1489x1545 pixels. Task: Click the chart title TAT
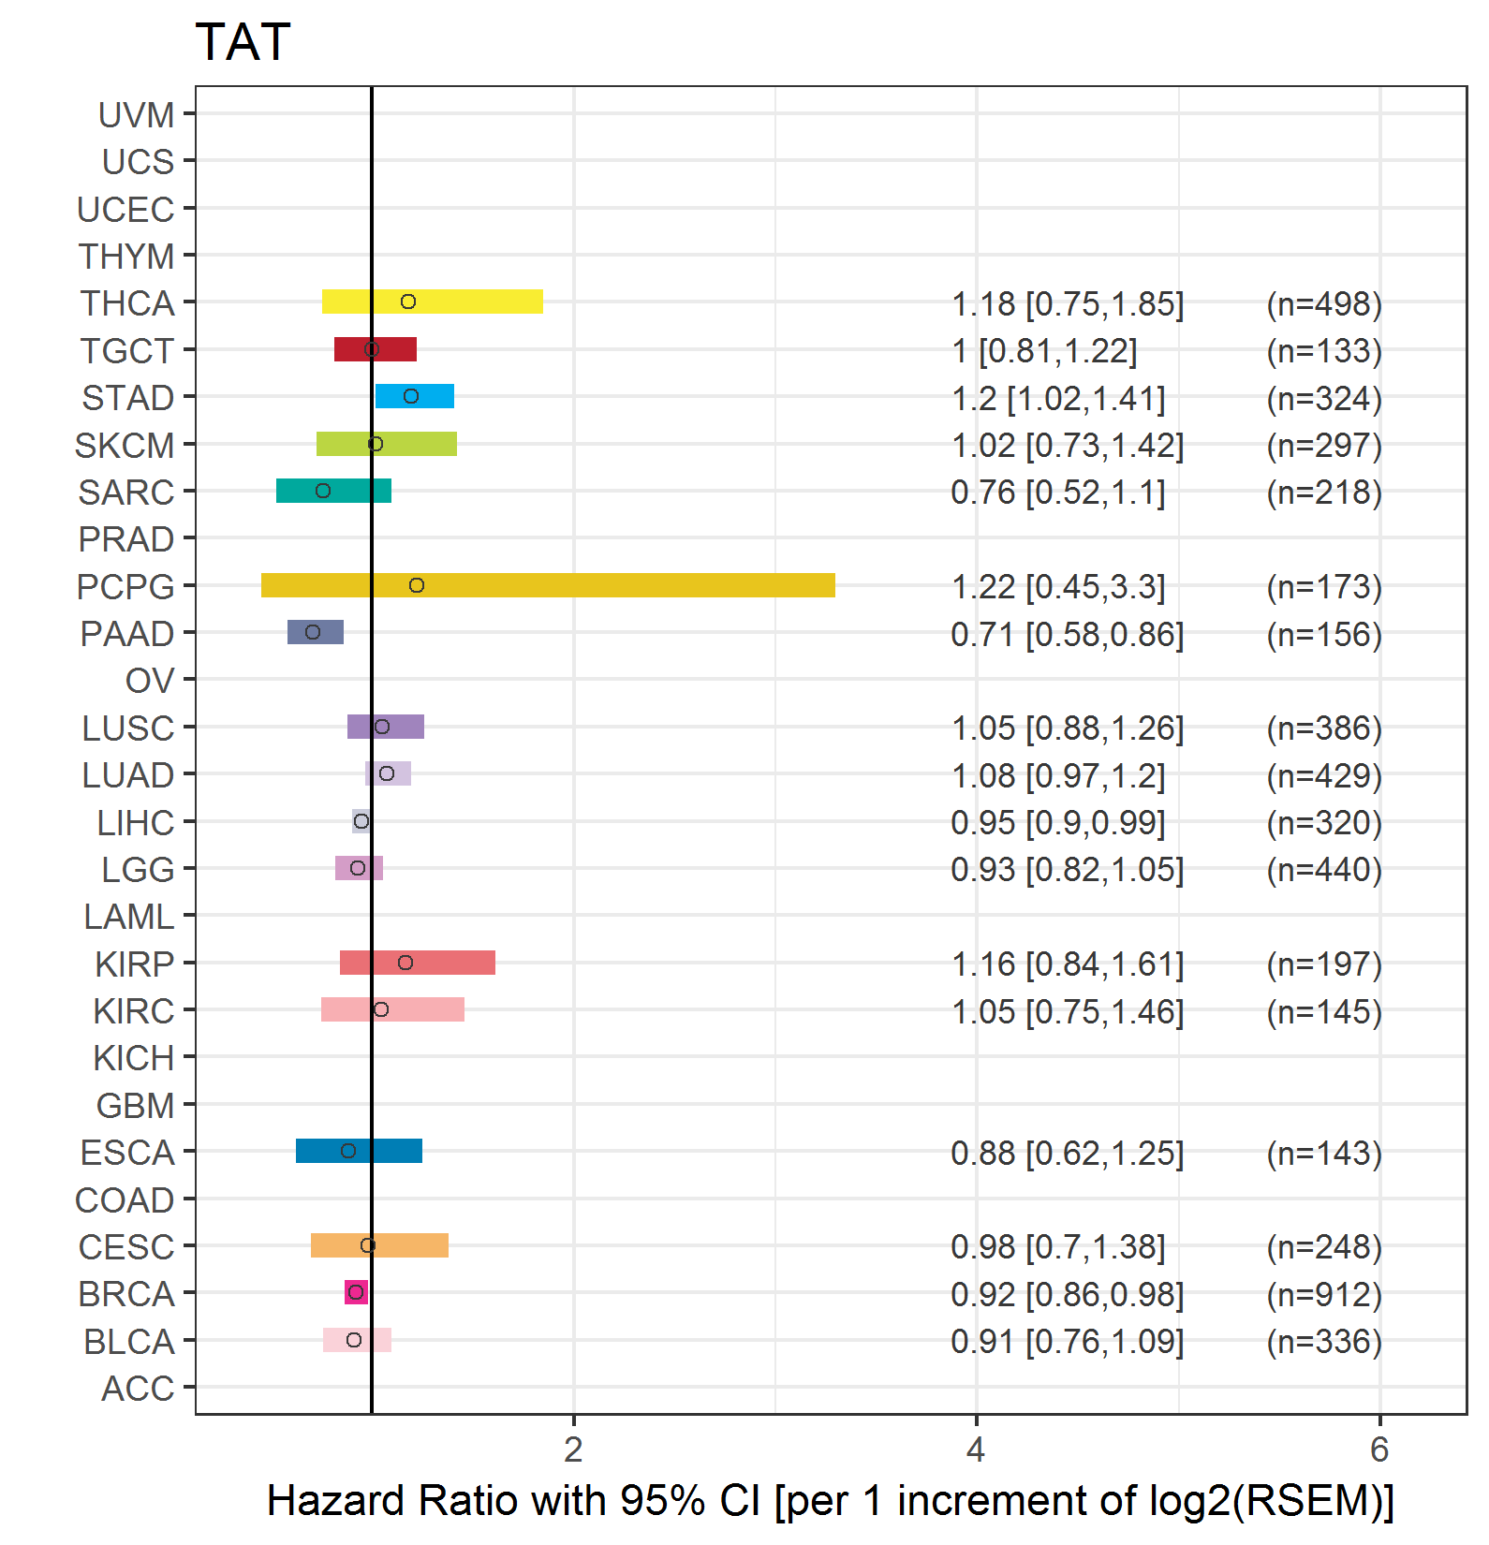243,43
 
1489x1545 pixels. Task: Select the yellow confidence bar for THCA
468,302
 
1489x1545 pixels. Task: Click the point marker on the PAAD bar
313,632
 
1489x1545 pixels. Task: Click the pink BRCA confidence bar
356,1292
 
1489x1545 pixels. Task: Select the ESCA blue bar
393,1151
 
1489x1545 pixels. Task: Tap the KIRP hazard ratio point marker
405,963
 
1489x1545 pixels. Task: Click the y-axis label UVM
137,115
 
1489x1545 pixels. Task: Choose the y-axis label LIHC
136,823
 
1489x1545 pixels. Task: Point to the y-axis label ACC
138,1389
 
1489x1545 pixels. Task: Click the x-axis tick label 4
976,1449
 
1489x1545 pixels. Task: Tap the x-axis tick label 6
1378,1449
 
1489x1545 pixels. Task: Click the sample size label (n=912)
1324,1294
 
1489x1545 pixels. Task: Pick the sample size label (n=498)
1324,303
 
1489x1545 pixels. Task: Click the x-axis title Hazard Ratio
830,1500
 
